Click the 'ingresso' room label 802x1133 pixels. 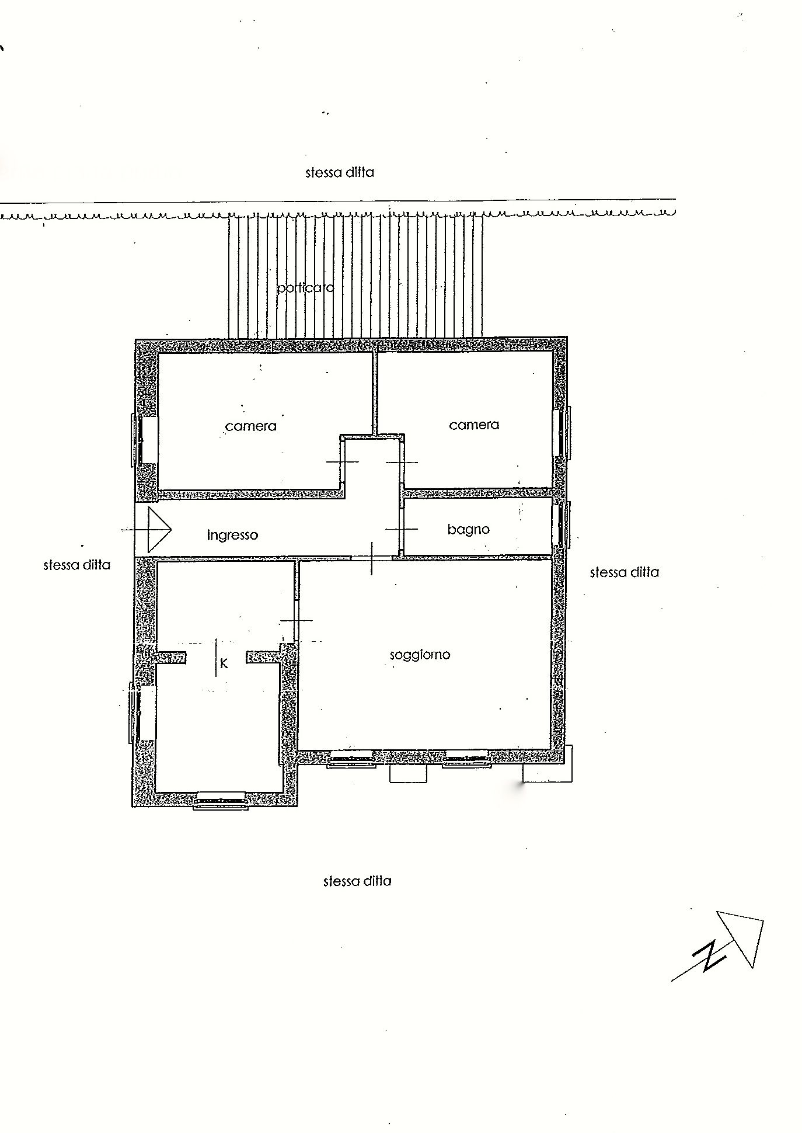[232, 535]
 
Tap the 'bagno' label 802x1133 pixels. [468, 530]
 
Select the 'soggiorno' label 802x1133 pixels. [420, 655]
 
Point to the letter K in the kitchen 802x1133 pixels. [224, 663]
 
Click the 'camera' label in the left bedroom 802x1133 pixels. [250, 426]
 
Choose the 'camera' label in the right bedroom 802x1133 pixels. [474, 425]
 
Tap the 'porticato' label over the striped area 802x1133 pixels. [305, 287]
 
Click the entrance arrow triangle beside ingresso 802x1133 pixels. [159, 530]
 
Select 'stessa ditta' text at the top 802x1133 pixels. [339, 172]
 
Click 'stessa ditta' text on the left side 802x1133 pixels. [76, 565]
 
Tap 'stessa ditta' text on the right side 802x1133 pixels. [624, 572]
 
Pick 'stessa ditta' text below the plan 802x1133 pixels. [357, 881]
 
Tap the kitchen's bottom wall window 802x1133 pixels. [221, 801]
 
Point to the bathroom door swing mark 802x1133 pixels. [402, 529]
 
